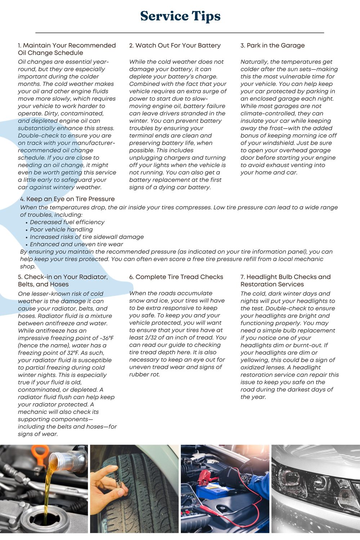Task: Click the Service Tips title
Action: click(180, 16)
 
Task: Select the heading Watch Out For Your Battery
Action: click(175, 45)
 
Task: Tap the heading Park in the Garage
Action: click(273, 45)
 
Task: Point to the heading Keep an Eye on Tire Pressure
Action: click(67, 199)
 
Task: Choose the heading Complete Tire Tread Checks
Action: click(176, 277)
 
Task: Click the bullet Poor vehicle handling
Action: click(61, 229)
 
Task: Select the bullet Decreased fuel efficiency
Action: click(67, 222)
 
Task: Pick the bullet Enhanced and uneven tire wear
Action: click(76, 244)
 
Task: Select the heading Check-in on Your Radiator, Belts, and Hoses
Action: click(63, 280)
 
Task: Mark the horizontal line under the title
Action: click(180, 33)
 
